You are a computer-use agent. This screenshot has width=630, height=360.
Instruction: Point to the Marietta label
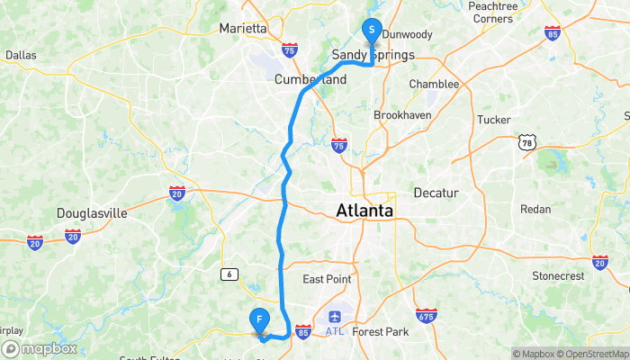tap(243, 28)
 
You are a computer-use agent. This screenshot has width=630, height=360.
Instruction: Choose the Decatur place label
tap(436, 193)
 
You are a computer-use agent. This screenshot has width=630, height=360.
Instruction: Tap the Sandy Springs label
tap(373, 55)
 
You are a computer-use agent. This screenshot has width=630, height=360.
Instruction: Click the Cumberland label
tap(310, 79)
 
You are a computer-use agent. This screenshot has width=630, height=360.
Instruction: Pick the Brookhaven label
tap(402, 115)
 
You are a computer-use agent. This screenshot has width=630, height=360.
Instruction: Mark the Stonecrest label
tap(558, 275)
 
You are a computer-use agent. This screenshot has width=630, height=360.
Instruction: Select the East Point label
tap(327, 279)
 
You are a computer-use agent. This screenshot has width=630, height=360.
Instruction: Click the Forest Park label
tap(381, 331)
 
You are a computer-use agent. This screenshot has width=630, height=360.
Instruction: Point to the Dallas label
tap(20, 55)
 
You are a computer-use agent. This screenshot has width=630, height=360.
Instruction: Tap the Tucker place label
tap(493, 119)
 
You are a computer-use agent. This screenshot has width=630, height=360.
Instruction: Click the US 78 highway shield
tap(526, 141)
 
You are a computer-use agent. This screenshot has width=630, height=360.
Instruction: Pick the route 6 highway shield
tap(229, 273)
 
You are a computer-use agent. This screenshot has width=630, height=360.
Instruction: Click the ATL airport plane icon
tap(335, 317)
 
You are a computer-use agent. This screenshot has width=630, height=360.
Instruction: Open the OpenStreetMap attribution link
tap(592, 354)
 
